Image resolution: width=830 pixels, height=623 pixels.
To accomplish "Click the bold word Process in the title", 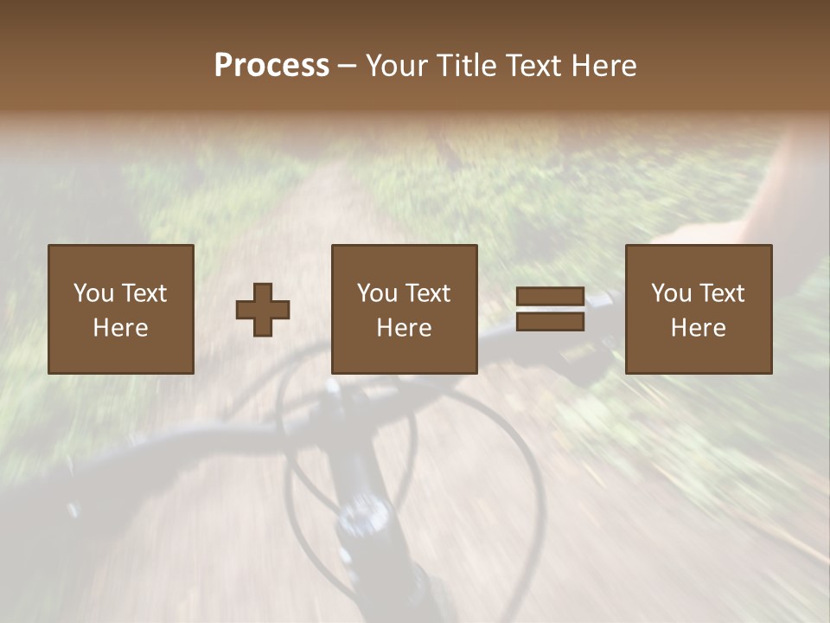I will point(271,66).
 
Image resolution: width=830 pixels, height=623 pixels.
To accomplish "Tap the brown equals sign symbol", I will point(550,309).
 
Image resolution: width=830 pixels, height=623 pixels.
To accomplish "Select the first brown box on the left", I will point(121,309).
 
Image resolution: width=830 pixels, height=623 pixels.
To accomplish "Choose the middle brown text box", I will point(405,309).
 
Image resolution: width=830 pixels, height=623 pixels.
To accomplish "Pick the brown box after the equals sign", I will point(699,309).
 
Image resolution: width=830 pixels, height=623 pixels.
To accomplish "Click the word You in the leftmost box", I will point(93,293).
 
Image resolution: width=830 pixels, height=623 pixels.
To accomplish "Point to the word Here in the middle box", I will point(405,328).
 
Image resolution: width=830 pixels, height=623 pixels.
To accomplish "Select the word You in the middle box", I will point(377,293).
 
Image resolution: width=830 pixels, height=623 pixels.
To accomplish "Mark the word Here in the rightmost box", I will point(699,328).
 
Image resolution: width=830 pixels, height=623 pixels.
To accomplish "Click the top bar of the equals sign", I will point(550,297).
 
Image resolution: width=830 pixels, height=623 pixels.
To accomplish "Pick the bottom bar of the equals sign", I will point(550,321).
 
